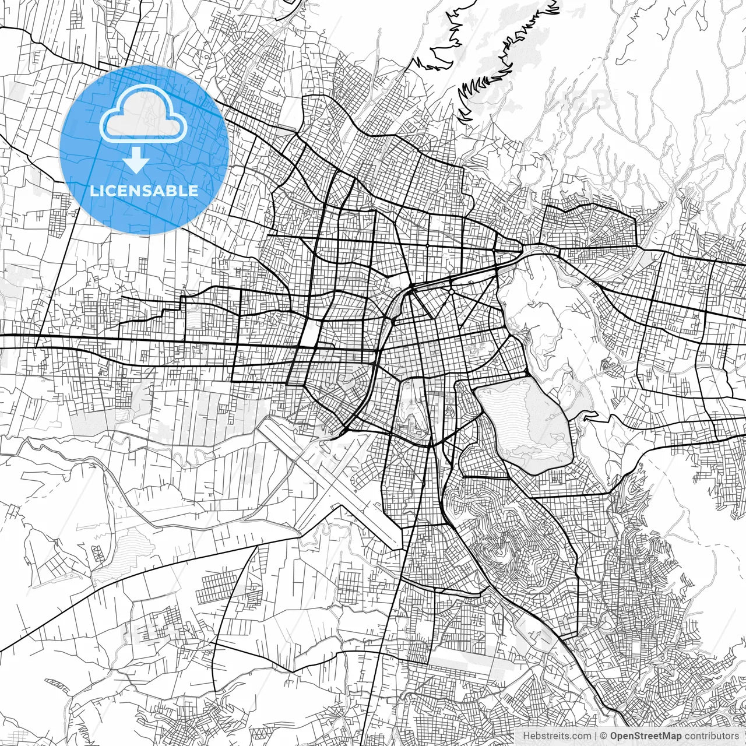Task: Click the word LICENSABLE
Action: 143,191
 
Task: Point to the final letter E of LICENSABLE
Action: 193,191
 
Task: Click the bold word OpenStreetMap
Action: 645,736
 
